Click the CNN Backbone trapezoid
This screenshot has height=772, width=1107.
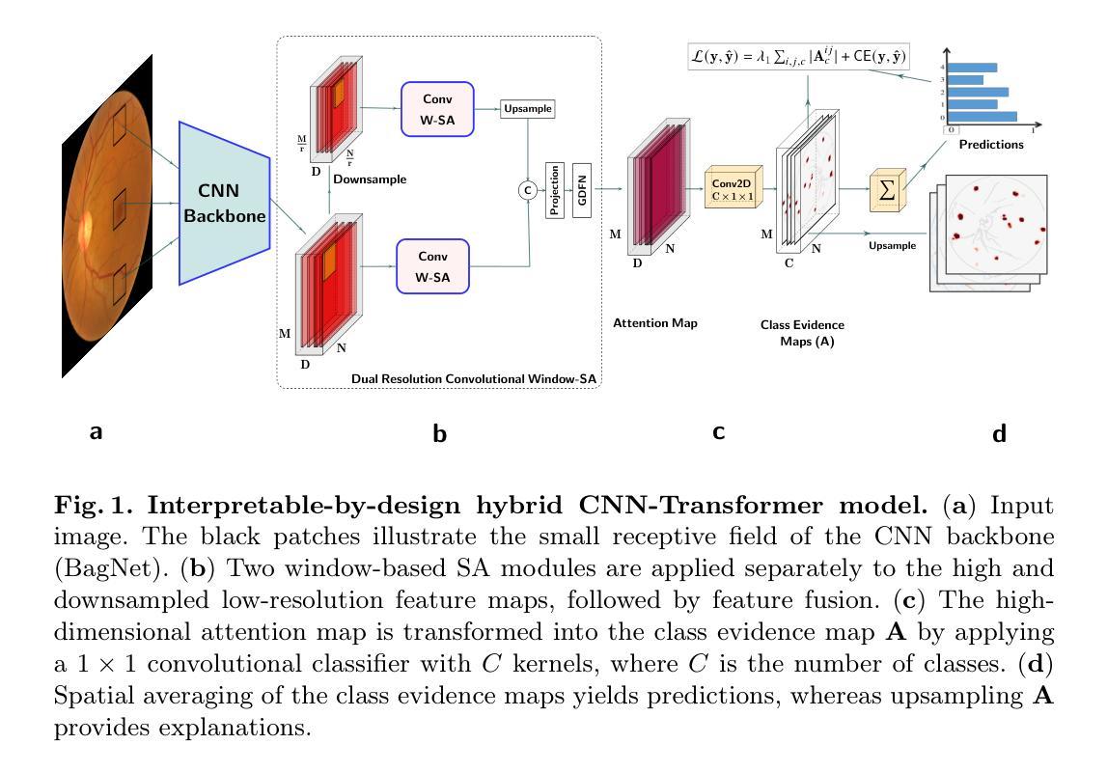[224, 203]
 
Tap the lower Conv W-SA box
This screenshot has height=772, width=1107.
[432, 265]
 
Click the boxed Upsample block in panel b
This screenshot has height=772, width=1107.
[528, 109]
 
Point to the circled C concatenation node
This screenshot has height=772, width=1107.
[528, 190]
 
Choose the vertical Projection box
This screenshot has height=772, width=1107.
[554, 190]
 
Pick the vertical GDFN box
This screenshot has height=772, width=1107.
[581, 190]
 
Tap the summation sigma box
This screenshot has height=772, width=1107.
[885, 189]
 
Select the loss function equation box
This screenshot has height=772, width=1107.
[798, 55]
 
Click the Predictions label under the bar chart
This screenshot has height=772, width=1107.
[991, 145]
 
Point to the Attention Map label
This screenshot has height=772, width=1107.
[655, 323]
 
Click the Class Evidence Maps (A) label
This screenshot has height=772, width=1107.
[801, 333]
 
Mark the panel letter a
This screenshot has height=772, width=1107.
[96, 433]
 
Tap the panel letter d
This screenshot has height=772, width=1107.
[999, 434]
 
